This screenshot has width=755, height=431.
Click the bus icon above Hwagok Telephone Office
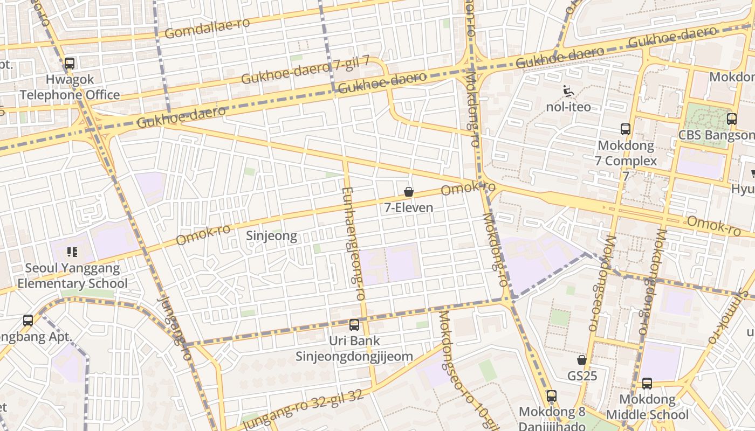pos(70,64)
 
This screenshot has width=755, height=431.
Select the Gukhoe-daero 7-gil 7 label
pos(305,70)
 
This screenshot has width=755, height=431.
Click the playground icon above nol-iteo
pos(568,92)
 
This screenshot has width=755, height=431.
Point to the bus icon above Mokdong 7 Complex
pos(626,129)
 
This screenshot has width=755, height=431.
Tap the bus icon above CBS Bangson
pos(732,119)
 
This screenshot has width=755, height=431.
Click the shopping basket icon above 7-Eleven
pos(409,192)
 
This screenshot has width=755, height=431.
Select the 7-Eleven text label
pos(409,207)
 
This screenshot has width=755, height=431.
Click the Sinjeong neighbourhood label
pos(271,236)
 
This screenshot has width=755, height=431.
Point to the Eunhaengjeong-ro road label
pos(354,244)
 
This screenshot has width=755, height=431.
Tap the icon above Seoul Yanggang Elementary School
pos(72,252)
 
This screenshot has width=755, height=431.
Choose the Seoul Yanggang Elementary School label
pos(72,276)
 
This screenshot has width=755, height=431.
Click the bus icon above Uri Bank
pos(354,325)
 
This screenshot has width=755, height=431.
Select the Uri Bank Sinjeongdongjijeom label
pos(354,349)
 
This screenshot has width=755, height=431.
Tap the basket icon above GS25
pos(582,360)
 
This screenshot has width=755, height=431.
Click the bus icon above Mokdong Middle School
pos(647,384)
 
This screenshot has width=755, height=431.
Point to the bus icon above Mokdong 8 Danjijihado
pos(552,396)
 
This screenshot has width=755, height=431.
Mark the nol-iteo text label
pos(568,107)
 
